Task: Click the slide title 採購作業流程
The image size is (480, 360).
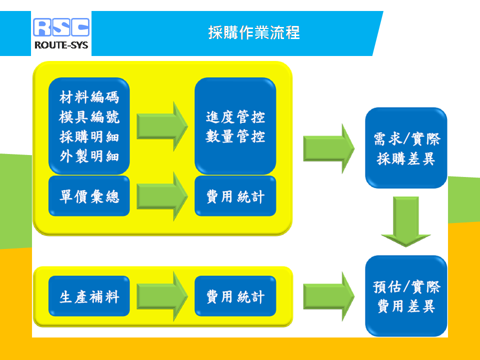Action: tap(254, 32)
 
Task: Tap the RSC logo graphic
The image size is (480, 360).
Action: tap(61, 27)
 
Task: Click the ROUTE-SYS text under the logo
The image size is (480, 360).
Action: tap(61, 45)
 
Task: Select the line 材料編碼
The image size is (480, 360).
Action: tap(89, 97)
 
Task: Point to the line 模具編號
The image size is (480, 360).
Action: tap(89, 117)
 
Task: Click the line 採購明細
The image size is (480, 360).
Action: tap(89, 137)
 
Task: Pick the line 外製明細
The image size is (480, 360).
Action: tap(89, 156)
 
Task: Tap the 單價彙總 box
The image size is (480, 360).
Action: tap(89, 196)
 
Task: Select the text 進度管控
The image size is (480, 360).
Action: tap(235, 117)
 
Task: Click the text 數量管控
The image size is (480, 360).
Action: tap(235, 136)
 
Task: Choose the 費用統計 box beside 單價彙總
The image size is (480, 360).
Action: tap(235, 196)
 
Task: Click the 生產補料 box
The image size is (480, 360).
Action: tap(89, 296)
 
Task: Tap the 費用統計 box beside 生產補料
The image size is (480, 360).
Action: tap(235, 296)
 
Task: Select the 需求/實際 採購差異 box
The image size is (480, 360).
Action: tap(406, 148)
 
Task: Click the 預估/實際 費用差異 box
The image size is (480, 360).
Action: tap(406, 296)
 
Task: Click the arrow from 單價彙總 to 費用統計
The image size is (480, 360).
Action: tap(162, 196)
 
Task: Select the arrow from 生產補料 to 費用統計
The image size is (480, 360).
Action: tap(162, 296)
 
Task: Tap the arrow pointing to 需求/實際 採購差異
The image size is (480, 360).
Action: tap(329, 149)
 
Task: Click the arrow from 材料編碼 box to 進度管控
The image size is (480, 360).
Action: tap(162, 126)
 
